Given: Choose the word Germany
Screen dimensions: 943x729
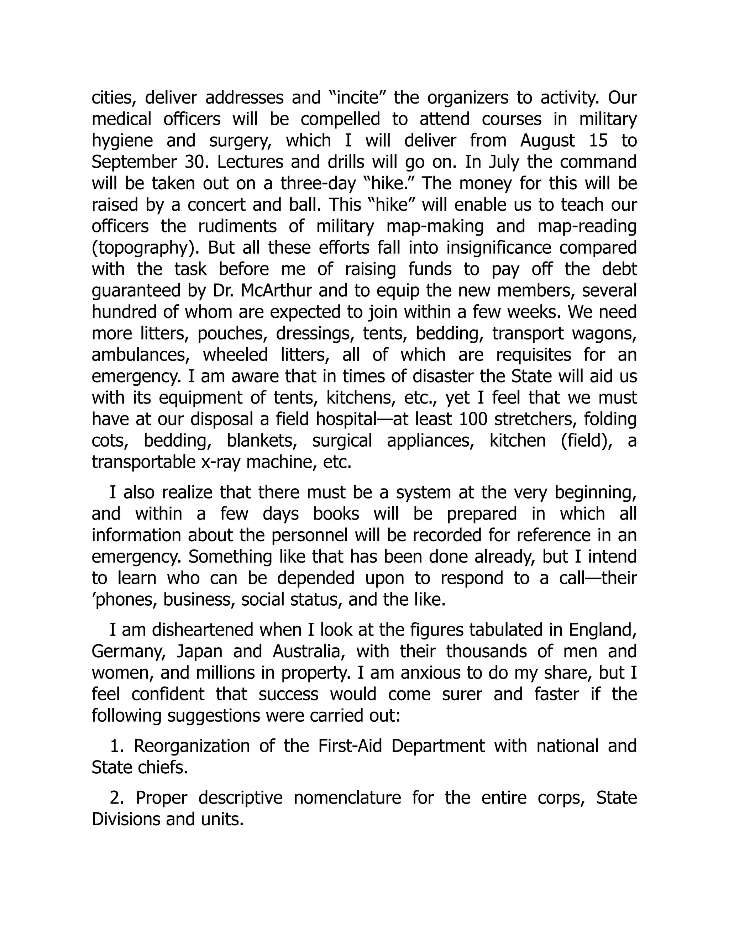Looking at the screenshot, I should tap(129, 652).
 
